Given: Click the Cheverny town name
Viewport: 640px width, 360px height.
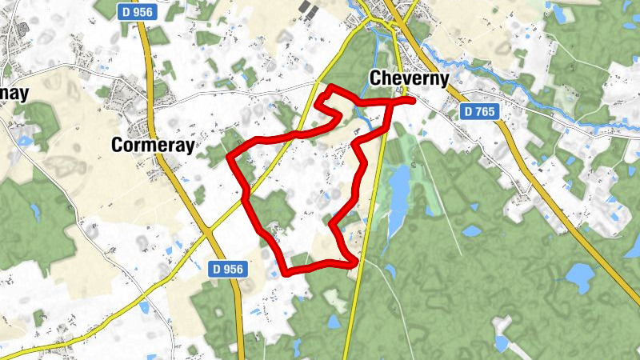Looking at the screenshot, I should [407, 78].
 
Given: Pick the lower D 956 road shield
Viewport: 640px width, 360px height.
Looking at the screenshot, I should [229, 270].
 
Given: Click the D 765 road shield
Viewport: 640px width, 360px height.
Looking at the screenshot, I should [479, 112].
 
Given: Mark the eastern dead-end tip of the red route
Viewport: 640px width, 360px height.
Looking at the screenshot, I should [412, 101].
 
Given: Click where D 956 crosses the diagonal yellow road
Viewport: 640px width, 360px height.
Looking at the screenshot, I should [210, 232].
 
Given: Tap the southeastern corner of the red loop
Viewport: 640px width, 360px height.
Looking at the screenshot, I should [355, 261].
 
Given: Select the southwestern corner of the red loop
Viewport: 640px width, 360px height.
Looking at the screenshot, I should [286, 272].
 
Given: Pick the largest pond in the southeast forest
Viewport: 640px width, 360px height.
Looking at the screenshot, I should [578, 276].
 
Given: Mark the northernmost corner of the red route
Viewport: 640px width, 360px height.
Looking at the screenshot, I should [330, 86].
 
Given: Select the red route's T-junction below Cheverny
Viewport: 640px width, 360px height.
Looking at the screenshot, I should [391, 102].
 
